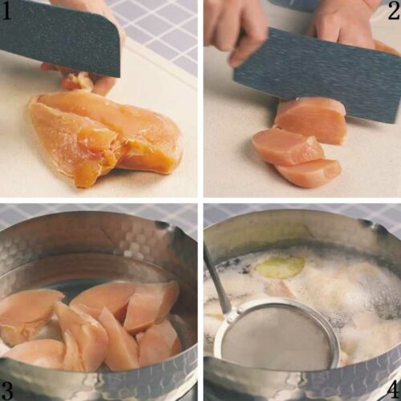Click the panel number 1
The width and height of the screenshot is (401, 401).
pyautogui.click(x=6, y=11)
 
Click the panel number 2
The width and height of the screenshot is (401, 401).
pyautogui.click(x=394, y=11)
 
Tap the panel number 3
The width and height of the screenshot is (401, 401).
pyautogui.click(x=6, y=391)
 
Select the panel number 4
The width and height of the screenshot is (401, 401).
pyautogui.click(x=393, y=391)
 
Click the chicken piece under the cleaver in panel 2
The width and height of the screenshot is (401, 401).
pyautogui.click(x=311, y=120)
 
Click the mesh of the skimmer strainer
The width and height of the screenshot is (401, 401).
pyautogui.click(x=275, y=337)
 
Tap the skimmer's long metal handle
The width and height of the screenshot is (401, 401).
pyautogui.click(x=217, y=278)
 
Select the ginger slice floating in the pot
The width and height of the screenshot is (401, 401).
pyautogui.click(x=280, y=266)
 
